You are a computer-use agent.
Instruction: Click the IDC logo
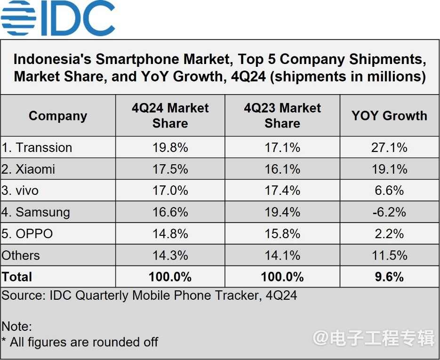pos(58,18)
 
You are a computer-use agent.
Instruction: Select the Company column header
pos(58,116)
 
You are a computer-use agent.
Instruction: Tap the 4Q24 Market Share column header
pos(170,116)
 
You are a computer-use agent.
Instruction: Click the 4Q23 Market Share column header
pos(282,116)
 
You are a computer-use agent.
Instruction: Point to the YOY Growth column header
pos(389,116)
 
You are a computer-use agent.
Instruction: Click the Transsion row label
pos(38,148)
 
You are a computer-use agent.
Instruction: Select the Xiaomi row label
pos(29,169)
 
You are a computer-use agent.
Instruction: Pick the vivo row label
pos(21,191)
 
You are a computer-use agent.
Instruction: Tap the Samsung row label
pos(36,212)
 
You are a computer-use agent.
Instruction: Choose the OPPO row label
pos(28,234)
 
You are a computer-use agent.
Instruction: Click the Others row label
pos(21,256)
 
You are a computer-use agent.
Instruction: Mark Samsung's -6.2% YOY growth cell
pos(389,212)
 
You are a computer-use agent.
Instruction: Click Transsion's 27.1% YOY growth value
pos(389,148)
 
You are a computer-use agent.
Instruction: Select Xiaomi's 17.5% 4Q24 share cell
pos(170,169)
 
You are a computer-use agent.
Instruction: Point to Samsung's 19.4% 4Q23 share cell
pos(282,212)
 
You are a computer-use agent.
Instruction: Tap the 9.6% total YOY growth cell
pos(389,277)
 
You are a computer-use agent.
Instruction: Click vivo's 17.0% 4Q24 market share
pos(170,191)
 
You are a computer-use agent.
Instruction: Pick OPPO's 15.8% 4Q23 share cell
pos(282,234)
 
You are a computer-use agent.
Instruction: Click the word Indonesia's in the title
pos(52,60)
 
